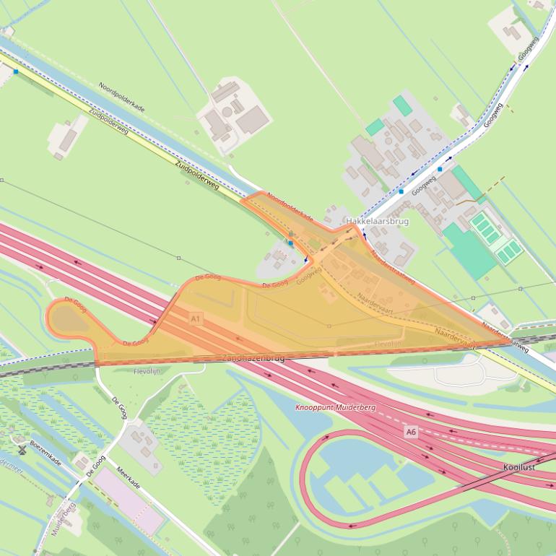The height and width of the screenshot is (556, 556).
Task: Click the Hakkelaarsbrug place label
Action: (x=377, y=221)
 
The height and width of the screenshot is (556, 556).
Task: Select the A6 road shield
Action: (x=410, y=432)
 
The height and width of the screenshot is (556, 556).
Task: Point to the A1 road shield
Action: (x=196, y=318)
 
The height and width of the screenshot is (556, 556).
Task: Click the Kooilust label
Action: (x=519, y=467)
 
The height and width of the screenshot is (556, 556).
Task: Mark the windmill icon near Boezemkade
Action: (x=22, y=449)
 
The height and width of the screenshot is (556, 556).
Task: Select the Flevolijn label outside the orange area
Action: (x=147, y=371)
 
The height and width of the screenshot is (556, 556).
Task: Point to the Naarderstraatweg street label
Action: (x=394, y=266)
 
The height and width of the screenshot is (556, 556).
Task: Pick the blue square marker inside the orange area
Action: (x=291, y=243)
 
